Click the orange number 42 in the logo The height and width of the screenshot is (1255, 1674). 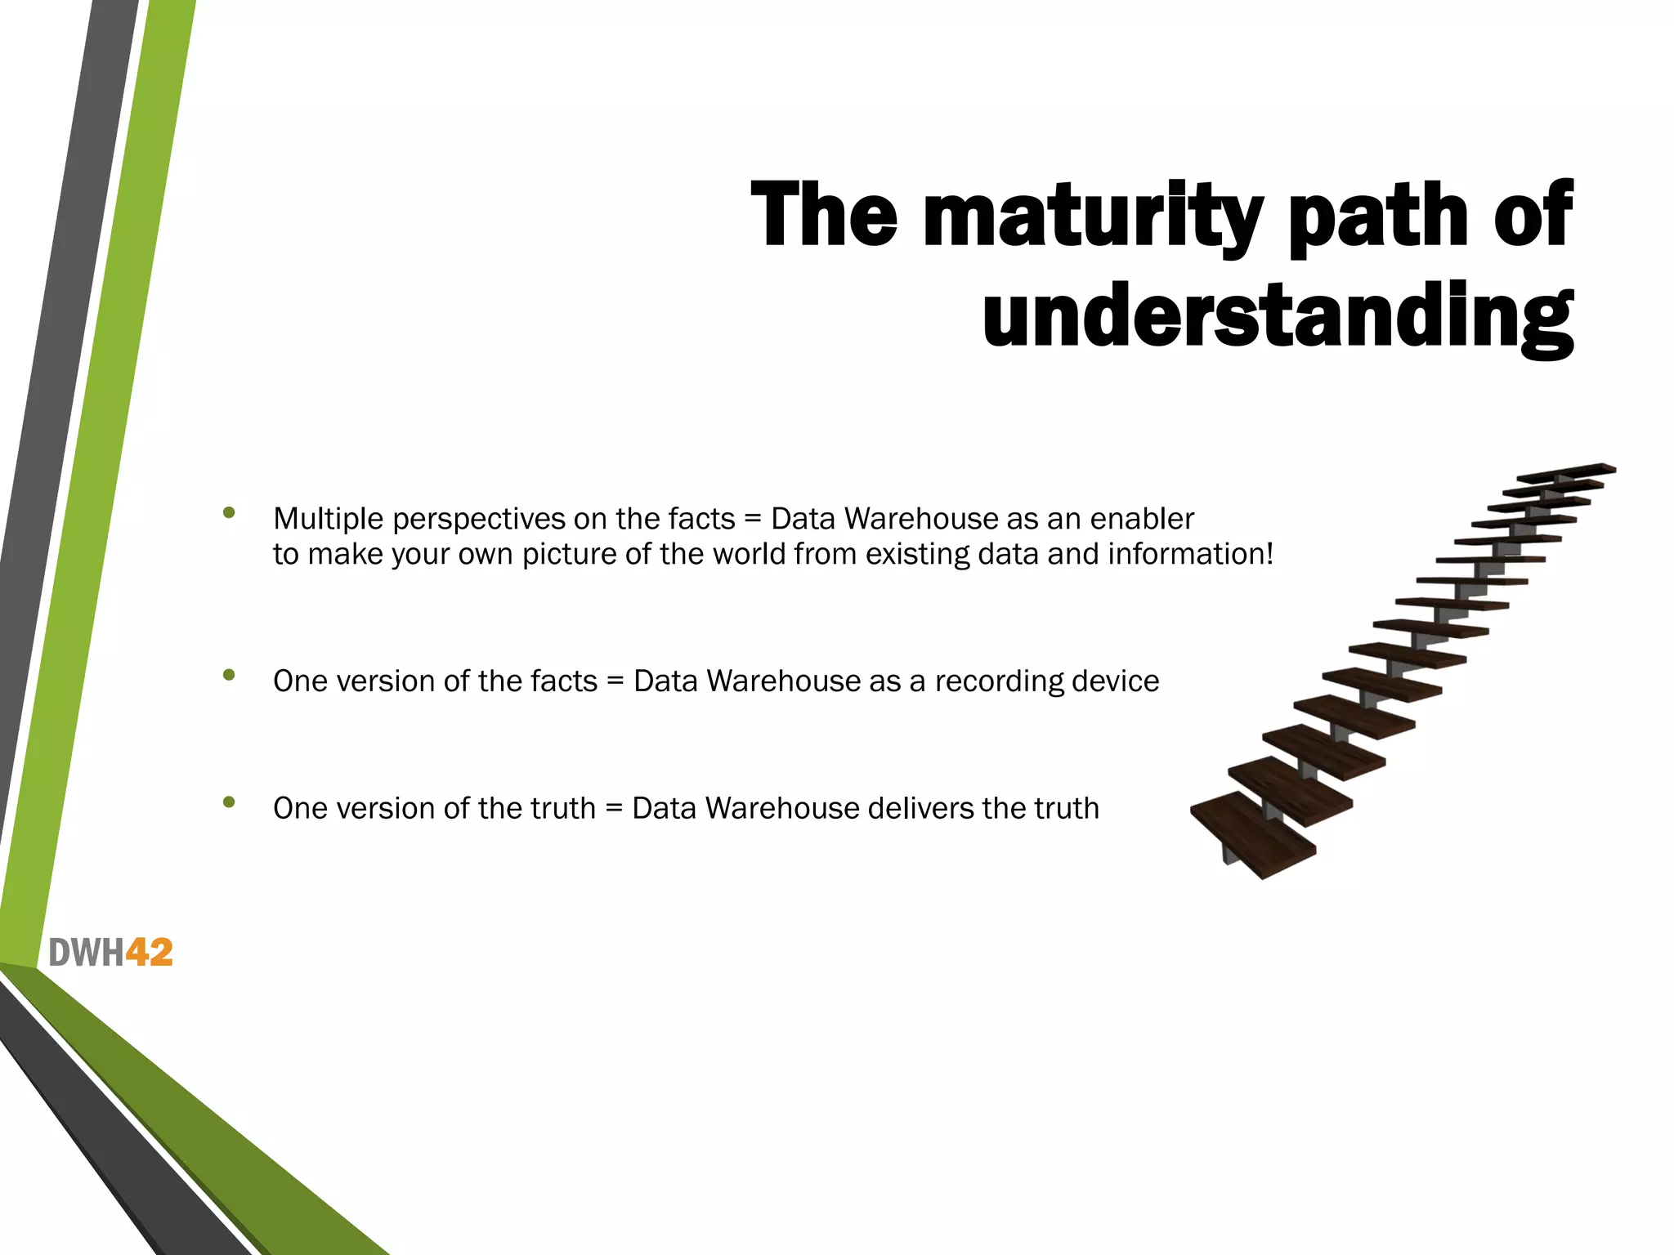click(x=149, y=953)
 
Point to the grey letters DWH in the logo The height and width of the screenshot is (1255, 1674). click(x=86, y=953)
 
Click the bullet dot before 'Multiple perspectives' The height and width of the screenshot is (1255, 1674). click(x=229, y=513)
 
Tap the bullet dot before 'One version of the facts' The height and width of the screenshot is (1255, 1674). click(x=229, y=675)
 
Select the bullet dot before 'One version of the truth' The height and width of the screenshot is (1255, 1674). click(x=229, y=802)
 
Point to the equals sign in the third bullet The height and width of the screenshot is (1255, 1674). click(x=614, y=809)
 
